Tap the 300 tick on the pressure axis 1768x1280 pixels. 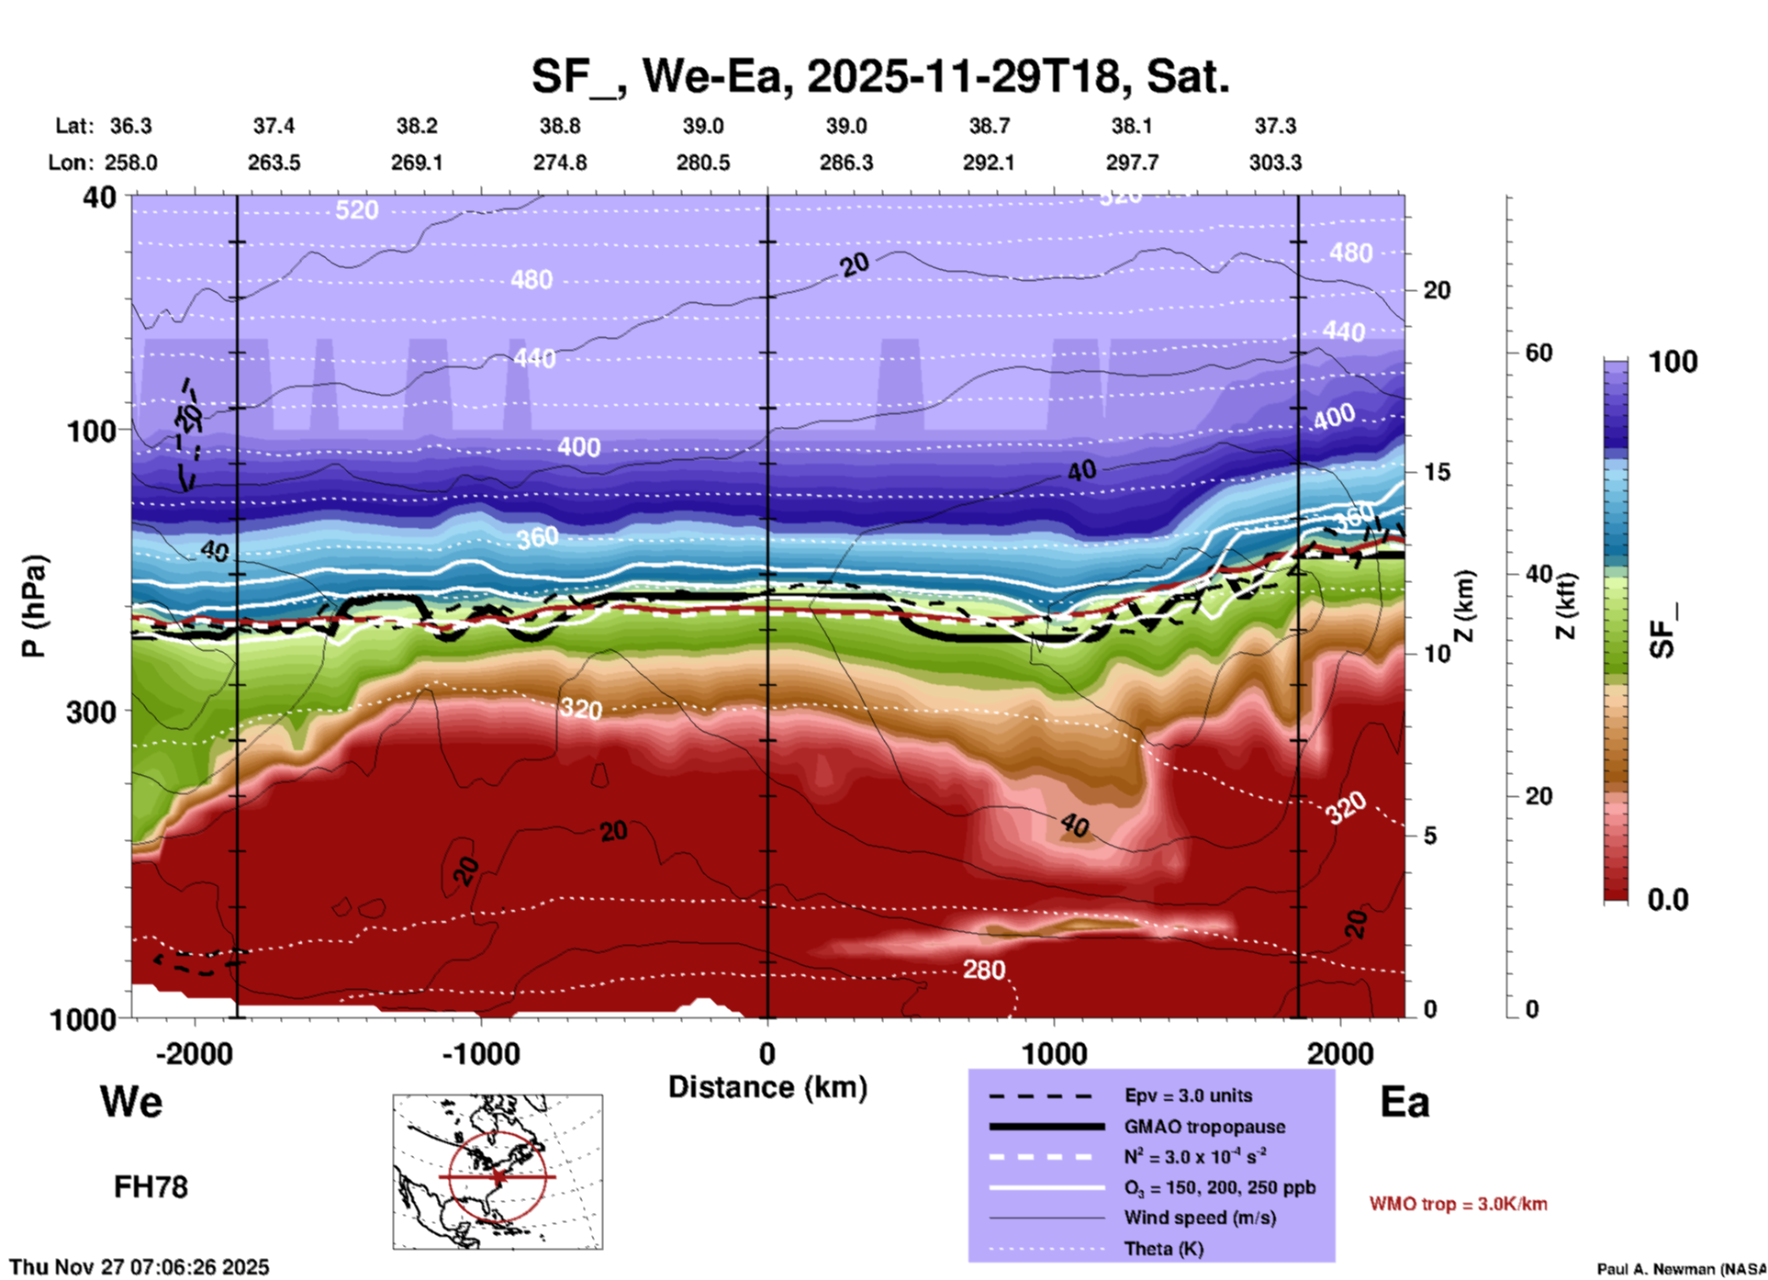tap(91, 712)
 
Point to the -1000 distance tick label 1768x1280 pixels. tap(481, 1054)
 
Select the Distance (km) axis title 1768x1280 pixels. tap(767, 1087)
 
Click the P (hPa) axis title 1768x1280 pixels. tap(34, 606)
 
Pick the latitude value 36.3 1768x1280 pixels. tap(130, 126)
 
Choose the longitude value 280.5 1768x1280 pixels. tap(703, 163)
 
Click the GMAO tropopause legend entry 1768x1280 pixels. tap(1204, 1127)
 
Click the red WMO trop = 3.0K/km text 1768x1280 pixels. tap(1458, 1204)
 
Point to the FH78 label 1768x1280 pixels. tap(151, 1187)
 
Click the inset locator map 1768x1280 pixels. tap(498, 1171)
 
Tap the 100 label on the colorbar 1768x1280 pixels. tap(1673, 362)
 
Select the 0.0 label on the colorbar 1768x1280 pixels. tap(1668, 900)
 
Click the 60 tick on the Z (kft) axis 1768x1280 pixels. tap(1539, 353)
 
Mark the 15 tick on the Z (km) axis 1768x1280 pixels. tap(1437, 472)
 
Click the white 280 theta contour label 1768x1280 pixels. tap(983, 970)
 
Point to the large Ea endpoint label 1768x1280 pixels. tap(1404, 1102)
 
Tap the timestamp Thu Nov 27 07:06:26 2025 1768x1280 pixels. tap(140, 1267)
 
